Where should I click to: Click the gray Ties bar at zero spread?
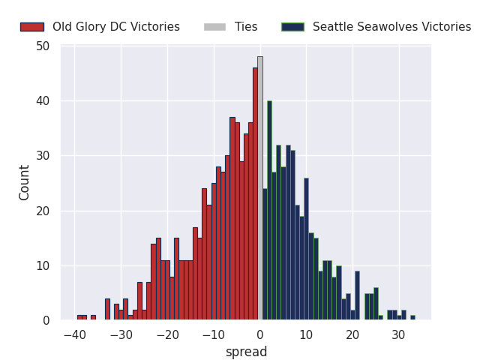[260, 187]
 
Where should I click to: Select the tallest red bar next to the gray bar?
[255, 195]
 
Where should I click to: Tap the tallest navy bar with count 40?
[269, 210]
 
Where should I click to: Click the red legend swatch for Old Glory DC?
[31, 27]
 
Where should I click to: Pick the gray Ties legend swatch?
[214, 27]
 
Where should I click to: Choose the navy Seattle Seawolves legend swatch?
[292, 27]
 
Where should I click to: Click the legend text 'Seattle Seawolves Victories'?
[391, 27]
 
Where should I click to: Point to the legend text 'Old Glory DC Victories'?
[116, 27]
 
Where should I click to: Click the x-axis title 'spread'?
[246, 352]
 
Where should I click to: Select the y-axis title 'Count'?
[25, 182]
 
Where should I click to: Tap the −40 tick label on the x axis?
[74, 334]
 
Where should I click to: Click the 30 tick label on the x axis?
[399, 334]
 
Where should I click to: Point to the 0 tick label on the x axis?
[260, 334]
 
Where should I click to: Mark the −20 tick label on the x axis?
[167, 334]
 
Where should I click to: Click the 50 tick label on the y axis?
[43, 46]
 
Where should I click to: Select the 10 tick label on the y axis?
[43, 265]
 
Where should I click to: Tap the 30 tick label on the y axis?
[43, 156]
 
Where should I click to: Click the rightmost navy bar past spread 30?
[412, 318]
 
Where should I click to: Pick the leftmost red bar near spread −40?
[79, 318]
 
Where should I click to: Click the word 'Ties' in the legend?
[246, 27]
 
